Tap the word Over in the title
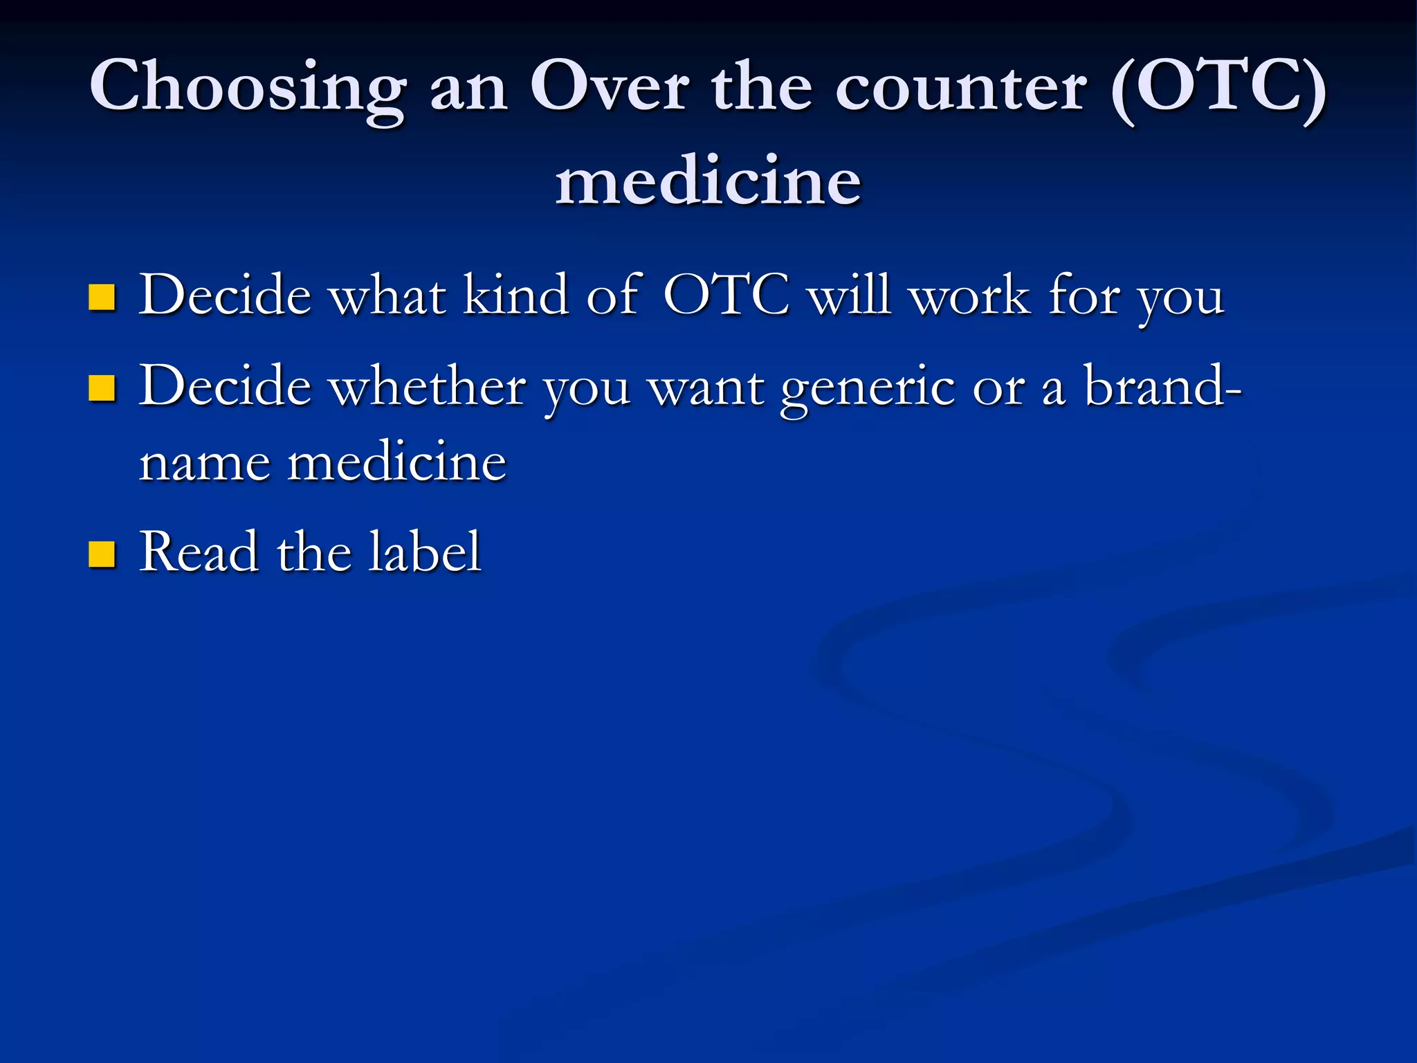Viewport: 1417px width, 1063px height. coord(609,87)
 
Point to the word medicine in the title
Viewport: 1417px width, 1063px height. coord(708,181)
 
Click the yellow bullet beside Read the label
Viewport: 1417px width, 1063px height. coord(102,554)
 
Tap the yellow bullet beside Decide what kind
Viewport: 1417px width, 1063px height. coord(102,297)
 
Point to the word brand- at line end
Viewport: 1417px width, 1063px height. coord(1162,386)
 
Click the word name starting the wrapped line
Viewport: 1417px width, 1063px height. coord(204,462)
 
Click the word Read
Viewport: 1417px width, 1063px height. coord(198,552)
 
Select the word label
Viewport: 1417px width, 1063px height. coord(423,552)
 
